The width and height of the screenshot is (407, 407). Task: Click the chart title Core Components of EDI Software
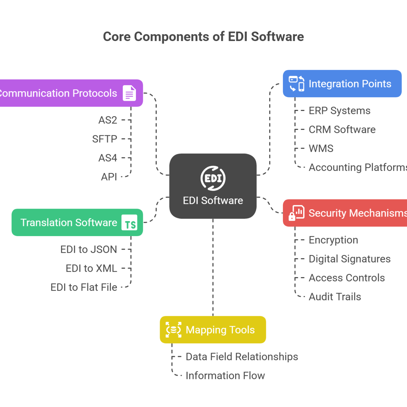pyautogui.click(x=203, y=37)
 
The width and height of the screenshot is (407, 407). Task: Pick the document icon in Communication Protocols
pyautogui.click(x=129, y=93)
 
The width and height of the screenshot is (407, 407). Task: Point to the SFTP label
pyautogui.click(x=104, y=139)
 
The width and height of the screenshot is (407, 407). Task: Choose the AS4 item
pyautogui.click(x=108, y=158)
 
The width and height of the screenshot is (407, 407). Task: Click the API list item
pyautogui.click(x=109, y=177)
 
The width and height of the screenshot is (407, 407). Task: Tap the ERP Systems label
pyautogui.click(x=340, y=111)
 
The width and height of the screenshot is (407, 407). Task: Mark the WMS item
pyautogui.click(x=321, y=149)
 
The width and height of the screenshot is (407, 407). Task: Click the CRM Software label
pyautogui.click(x=342, y=130)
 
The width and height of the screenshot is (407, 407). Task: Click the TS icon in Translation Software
pyautogui.click(x=130, y=223)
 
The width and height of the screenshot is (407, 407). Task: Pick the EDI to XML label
pyautogui.click(x=92, y=269)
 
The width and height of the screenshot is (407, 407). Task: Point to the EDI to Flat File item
pyautogui.click(x=84, y=288)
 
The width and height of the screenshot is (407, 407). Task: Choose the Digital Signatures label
pyautogui.click(x=349, y=259)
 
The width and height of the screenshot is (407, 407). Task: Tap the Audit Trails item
pyautogui.click(x=335, y=297)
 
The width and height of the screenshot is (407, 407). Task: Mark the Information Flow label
pyautogui.click(x=225, y=375)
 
